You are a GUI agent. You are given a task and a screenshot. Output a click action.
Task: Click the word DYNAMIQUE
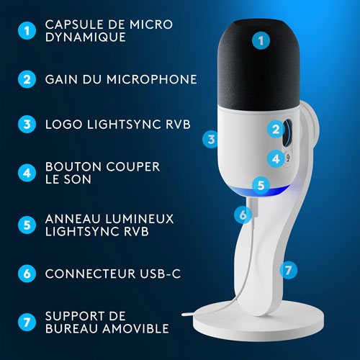point(80,37)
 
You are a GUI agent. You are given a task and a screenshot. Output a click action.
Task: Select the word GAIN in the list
point(61,78)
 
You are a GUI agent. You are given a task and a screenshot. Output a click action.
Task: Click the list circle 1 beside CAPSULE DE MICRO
point(26,31)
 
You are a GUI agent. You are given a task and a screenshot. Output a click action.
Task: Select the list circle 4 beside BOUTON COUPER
point(26,174)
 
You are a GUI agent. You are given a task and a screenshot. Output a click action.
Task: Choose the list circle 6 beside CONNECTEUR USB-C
point(26,274)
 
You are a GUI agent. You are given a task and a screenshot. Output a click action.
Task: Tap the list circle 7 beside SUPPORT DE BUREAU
point(26,323)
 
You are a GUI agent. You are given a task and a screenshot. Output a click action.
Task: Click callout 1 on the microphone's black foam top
point(261,40)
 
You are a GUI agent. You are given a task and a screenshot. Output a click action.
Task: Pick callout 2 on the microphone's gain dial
point(276,130)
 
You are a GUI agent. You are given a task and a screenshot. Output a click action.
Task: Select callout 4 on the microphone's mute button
point(276,158)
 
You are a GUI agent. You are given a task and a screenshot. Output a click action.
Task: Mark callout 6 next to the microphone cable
point(243,214)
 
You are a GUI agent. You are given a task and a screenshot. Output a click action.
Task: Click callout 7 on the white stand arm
point(287,270)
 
